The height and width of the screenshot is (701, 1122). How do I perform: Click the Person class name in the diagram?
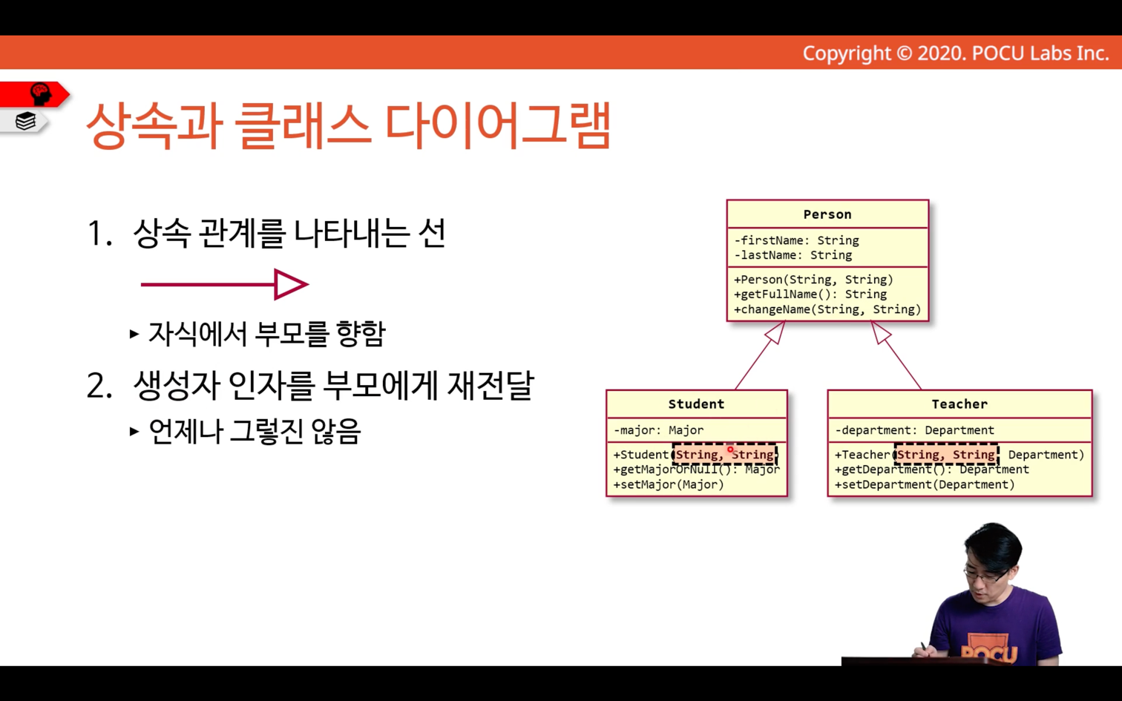[x=827, y=214]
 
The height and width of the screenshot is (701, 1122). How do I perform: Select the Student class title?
[x=696, y=404]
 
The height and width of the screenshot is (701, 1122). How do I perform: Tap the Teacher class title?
[x=959, y=404]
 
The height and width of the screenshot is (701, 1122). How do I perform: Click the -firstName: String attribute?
[x=796, y=240]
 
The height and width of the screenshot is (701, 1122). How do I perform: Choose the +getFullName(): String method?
[x=810, y=294]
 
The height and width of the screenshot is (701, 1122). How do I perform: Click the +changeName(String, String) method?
[x=827, y=309]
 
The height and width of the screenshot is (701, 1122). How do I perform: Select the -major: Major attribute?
[x=659, y=430]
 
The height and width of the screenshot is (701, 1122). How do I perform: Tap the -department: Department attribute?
[x=915, y=430]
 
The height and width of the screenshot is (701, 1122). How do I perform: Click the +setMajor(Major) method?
[x=669, y=484]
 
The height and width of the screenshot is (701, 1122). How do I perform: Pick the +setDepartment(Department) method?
[x=925, y=484]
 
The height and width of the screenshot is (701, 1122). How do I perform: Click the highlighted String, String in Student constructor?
[x=725, y=455]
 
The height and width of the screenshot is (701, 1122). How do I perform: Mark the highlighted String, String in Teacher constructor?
[x=946, y=455]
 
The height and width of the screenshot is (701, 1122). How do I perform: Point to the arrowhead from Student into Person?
[x=776, y=332]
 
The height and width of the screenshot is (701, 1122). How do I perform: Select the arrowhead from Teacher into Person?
[x=880, y=332]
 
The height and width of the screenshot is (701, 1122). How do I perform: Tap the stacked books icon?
[x=25, y=121]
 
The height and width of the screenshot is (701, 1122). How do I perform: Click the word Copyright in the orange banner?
[x=847, y=53]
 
